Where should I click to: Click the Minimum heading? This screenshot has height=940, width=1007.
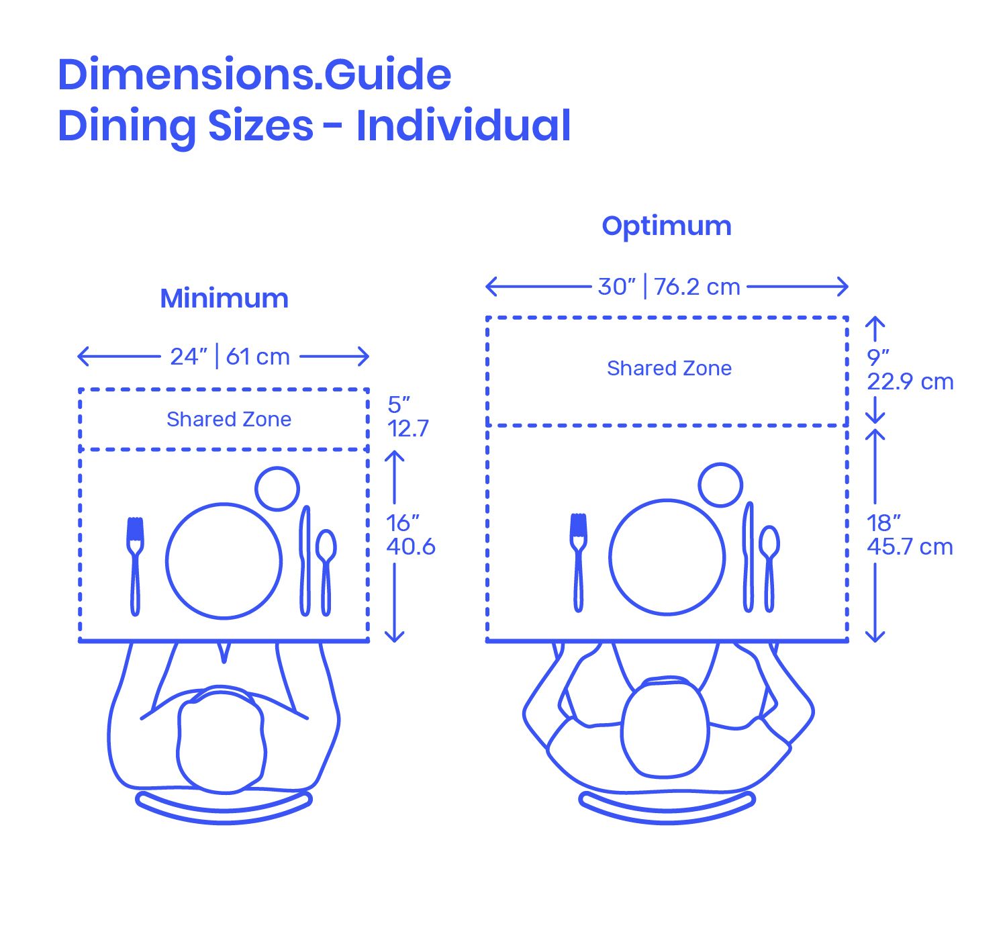tap(224, 297)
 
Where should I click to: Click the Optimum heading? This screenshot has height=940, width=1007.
tap(666, 226)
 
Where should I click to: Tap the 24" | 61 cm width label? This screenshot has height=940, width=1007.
tap(230, 357)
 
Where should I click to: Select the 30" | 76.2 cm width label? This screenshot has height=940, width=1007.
tap(669, 287)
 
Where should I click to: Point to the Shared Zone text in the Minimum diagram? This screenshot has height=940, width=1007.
tap(229, 419)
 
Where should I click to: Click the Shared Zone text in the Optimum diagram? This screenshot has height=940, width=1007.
tap(669, 368)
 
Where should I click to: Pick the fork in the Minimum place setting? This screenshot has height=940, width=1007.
tap(135, 566)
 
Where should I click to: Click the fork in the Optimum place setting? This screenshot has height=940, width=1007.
tap(578, 563)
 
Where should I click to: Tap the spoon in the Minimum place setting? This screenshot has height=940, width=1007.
tap(326, 573)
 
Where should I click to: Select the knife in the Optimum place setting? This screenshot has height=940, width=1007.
tap(748, 557)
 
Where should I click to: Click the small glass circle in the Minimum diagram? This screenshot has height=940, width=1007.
tap(277, 489)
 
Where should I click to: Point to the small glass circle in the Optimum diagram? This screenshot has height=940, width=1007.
tap(720, 485)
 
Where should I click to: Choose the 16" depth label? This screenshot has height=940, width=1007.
tap(403, 523)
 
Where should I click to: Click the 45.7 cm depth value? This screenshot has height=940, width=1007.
tap(910, 547)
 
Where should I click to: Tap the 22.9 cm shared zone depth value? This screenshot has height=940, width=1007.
tap(910, 381)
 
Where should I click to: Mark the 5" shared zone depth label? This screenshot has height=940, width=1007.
tap(399, 404)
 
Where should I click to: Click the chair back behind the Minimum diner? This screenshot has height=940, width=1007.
tap(224, 808)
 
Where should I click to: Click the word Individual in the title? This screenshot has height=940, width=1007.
tap(463, 126)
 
